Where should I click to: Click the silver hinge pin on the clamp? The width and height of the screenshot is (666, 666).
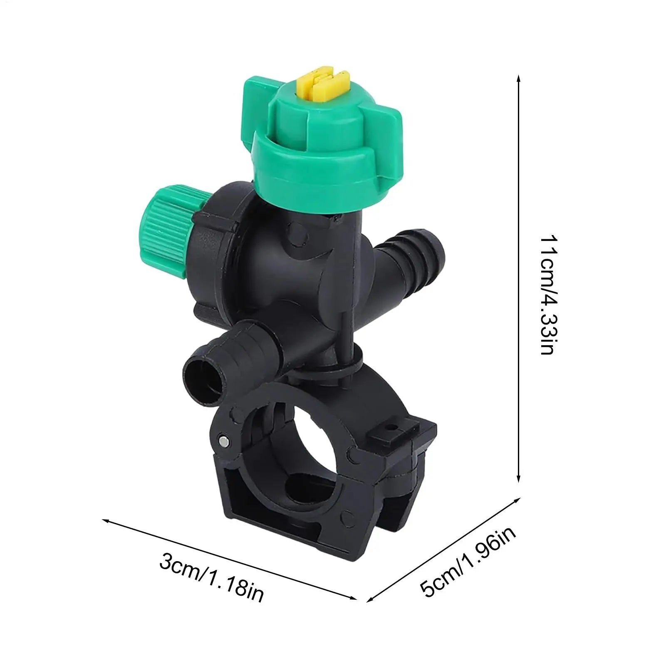pyautogui.click(x=225, y=439)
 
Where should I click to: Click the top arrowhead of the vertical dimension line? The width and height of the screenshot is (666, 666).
pyautogui.click(x=518, y=78)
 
